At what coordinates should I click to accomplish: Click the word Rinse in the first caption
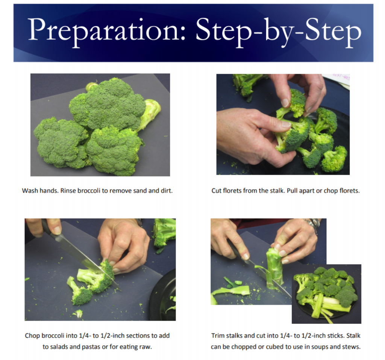pos(68,191)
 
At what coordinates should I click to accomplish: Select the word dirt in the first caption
pos(167,191)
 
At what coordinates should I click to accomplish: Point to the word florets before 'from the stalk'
pos(232,191)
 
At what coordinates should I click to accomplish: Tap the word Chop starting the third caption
pos(32,336)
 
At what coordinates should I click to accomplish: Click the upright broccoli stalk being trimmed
pos(275,267)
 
